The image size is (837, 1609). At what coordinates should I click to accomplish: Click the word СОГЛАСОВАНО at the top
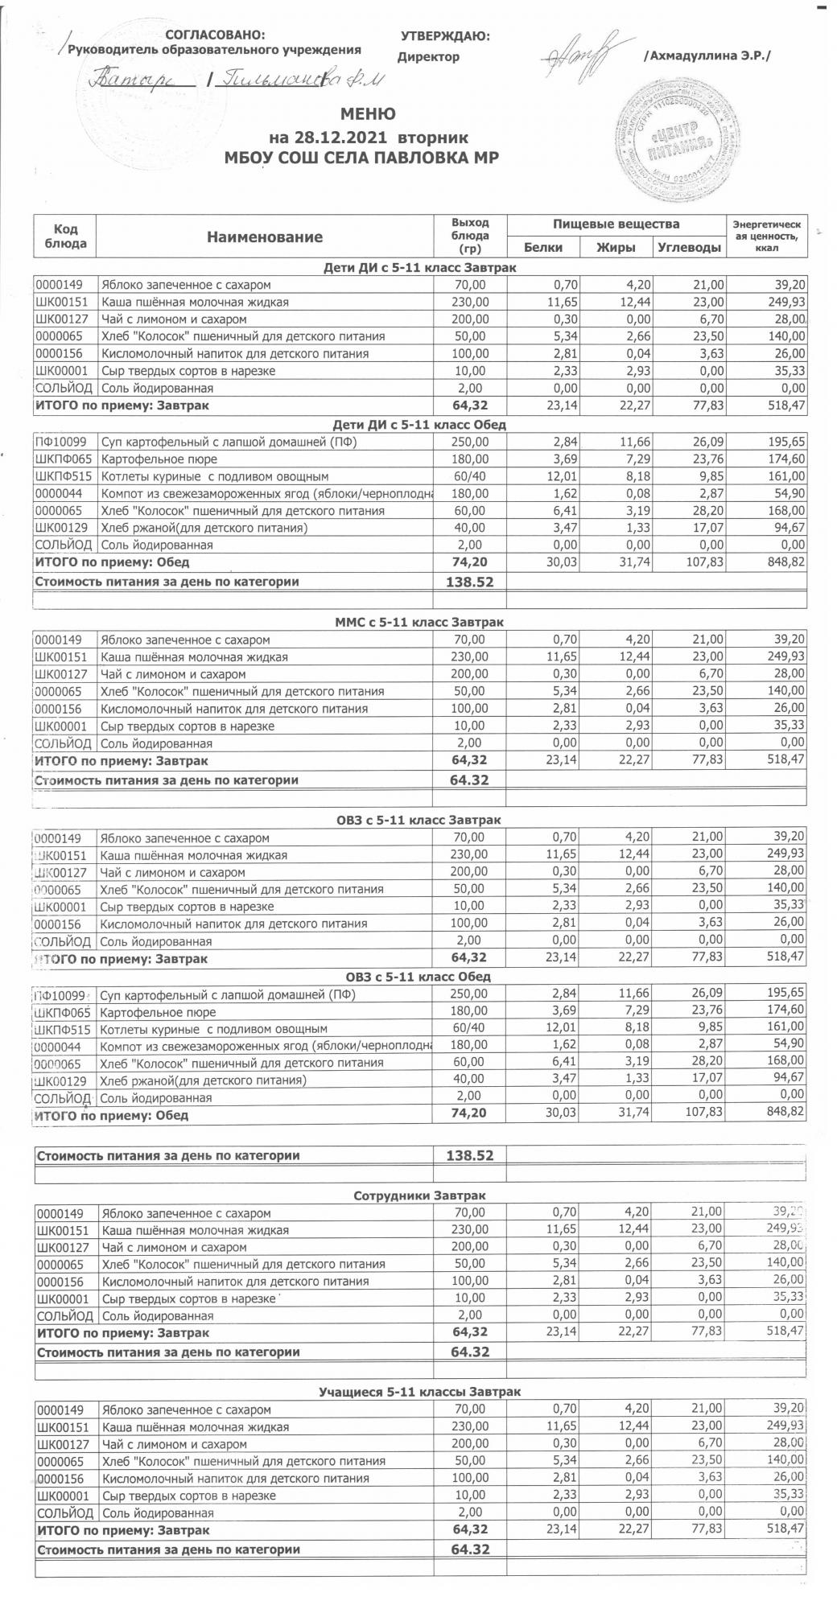(x=213, y=35)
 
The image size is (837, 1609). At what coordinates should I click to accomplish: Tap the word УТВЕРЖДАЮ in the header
(x=445, y=35)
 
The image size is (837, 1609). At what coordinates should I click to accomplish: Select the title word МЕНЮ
(x=368, y=113)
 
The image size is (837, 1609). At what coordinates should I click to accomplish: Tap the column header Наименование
(x=265, y=237)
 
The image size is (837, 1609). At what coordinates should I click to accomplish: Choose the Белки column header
(x=542, y=247)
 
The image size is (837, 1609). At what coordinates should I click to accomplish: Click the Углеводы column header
(x=689, y=247)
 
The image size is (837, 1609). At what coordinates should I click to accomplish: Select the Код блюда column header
(x=65, y=237)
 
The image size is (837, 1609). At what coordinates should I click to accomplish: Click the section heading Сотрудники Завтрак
(x=419, y=1195)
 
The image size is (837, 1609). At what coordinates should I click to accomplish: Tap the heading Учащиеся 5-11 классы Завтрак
(x=419, y=1392)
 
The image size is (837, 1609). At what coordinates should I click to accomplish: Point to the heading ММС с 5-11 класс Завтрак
(x=419, y=623)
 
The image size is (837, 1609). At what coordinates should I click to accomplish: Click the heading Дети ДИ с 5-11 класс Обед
(x=419, y=425)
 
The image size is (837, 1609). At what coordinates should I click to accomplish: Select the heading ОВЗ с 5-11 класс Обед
(x=419, y=977)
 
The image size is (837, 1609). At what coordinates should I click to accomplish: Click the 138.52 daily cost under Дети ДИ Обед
(x=469, y=582)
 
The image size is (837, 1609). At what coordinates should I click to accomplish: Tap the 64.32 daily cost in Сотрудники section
(x=469, y=1352)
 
